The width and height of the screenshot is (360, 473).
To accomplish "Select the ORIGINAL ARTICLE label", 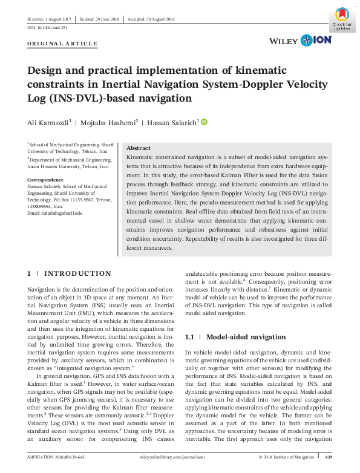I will coord(62,44).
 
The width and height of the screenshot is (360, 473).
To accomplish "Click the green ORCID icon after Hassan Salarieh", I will coord(204,122).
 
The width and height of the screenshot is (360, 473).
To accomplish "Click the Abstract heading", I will coord(139,148).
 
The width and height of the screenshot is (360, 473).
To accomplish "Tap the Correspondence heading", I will coord(45,180).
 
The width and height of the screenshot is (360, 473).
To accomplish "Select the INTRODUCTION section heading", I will coord(77,274).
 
